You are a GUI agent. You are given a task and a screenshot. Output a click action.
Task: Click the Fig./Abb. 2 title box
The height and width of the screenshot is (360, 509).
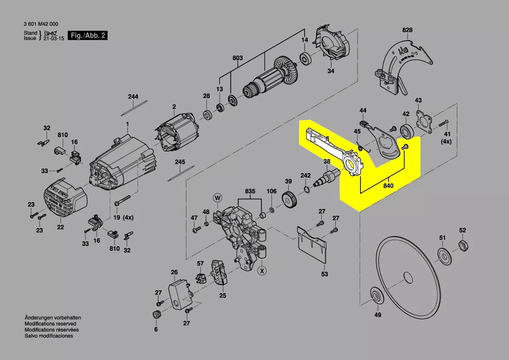88,36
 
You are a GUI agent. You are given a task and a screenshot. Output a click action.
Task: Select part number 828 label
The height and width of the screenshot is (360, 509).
407,30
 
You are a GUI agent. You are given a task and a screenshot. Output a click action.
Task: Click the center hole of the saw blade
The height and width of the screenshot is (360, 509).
407,277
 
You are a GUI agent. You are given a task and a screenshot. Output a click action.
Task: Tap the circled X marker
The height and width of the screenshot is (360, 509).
262,271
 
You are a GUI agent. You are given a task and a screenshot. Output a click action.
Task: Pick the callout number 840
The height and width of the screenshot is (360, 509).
388,186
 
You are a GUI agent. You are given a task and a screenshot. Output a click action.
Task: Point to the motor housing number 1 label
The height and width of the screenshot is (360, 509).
128,125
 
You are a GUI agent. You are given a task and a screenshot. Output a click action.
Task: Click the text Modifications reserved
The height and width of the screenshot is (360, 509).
50,324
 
